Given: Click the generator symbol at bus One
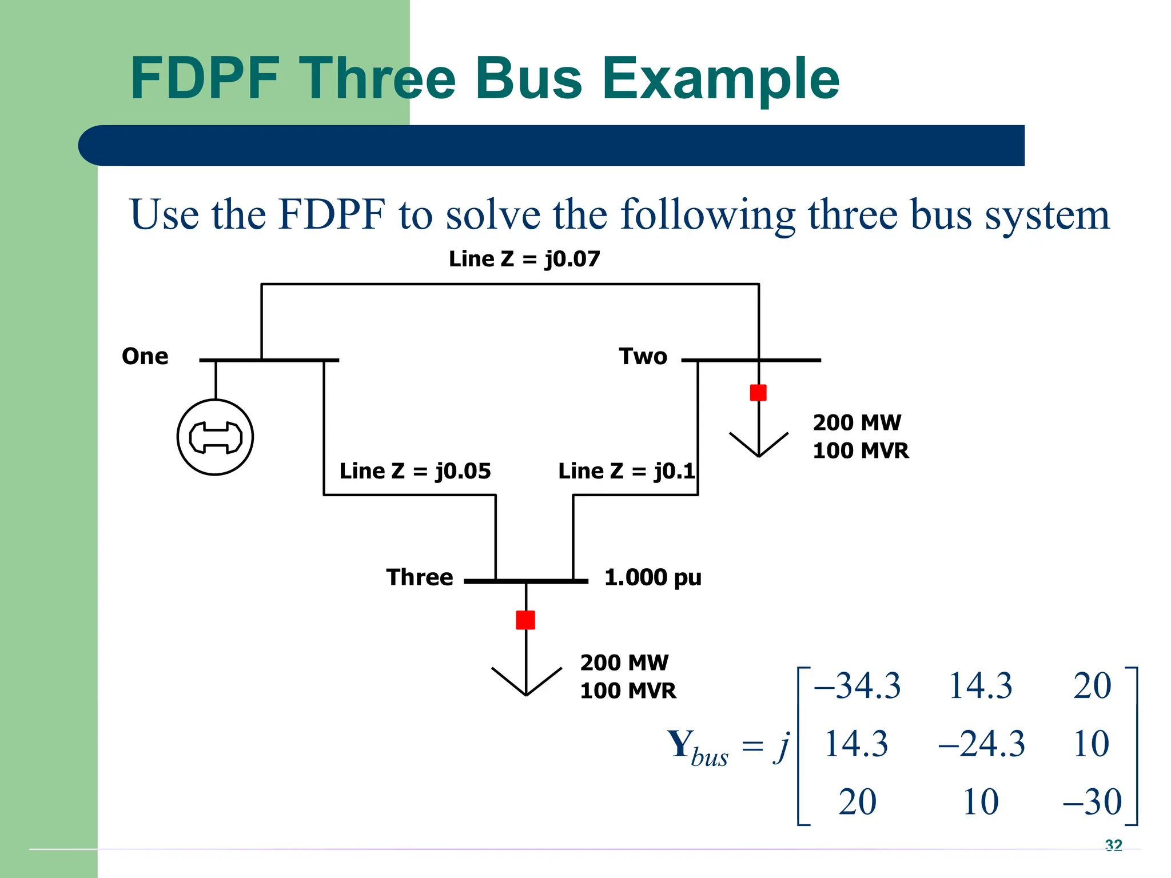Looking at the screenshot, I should [x=215, y=437].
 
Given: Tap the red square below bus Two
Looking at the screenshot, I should [x=758, y=393].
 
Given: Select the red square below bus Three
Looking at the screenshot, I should [x=525, y=620].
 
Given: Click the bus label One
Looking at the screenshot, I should [x=145, y=357].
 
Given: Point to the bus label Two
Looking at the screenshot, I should [x=643, y=357].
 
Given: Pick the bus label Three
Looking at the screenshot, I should [x=420, y=577].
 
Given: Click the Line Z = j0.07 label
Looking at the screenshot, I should [x=524, y=259].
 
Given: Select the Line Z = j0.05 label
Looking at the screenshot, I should [x=415, y=471].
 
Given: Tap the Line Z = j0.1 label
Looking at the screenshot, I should [x=627, y=471].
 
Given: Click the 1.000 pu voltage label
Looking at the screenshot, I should [x=652, y=577].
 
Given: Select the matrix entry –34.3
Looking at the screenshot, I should [x=857, y=685].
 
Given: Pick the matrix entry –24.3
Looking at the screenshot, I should [x=982, y=744].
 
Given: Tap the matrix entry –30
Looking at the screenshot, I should [x=1093, y=801].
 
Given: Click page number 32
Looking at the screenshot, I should [x=1114, y=845].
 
